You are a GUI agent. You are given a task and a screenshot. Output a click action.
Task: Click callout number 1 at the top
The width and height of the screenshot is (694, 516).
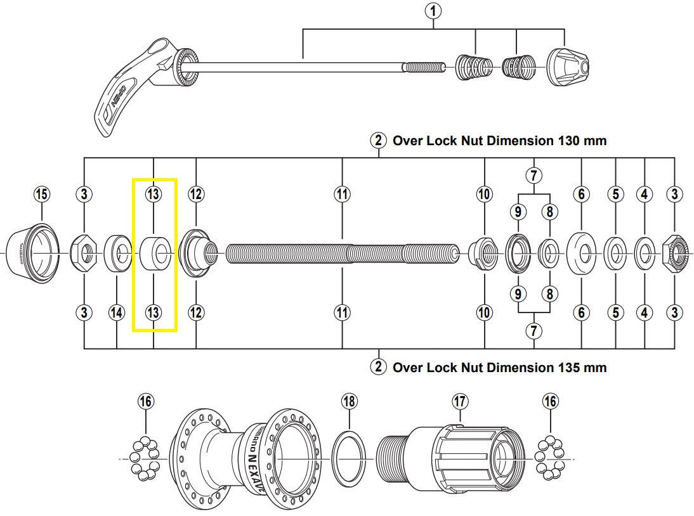coord(434,10)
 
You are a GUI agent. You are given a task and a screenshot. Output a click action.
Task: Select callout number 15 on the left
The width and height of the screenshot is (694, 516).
coord(41,194)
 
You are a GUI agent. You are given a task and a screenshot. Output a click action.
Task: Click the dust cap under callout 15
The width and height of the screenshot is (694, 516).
coord(32,253)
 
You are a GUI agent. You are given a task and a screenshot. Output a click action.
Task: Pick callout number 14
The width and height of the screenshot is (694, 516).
coord(117,312)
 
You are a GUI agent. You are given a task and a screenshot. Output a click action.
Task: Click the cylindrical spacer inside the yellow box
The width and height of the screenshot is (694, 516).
coord(154,254)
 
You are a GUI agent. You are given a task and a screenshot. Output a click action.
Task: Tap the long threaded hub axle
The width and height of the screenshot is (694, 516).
coord(343,254)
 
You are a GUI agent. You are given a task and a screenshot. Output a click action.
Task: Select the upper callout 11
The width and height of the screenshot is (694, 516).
coord(343,194)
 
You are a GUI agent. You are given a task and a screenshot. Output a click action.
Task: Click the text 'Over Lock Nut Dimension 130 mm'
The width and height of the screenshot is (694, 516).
coord(499,141)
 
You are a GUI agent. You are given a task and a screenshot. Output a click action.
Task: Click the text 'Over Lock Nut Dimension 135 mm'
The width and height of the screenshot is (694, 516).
coord(499,367)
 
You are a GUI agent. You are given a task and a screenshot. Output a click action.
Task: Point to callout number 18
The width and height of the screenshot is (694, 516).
coord(349,401)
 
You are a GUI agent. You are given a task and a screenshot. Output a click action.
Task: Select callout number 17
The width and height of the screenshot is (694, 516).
coord(460,401)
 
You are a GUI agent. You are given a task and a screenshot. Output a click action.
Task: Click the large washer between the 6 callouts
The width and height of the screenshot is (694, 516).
coord(582,254)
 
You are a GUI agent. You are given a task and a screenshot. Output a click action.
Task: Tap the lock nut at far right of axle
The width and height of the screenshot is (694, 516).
coord(676,254)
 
